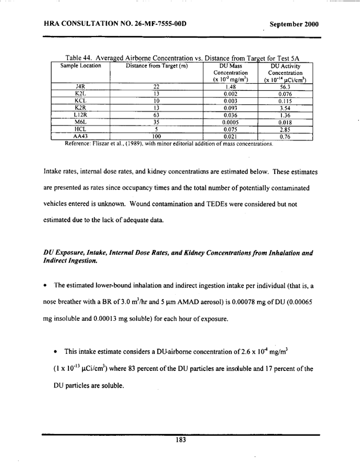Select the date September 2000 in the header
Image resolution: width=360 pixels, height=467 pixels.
click(x=293, y=25)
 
